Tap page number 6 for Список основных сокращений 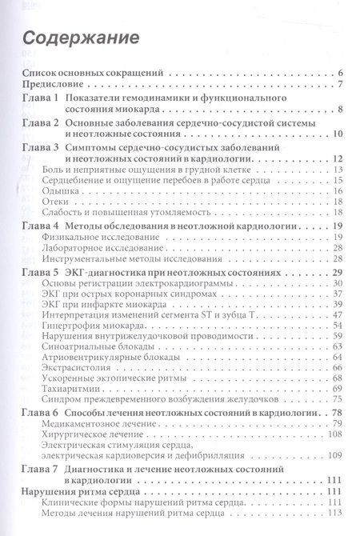tap(340, 72)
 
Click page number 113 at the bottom tap(335, 513)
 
